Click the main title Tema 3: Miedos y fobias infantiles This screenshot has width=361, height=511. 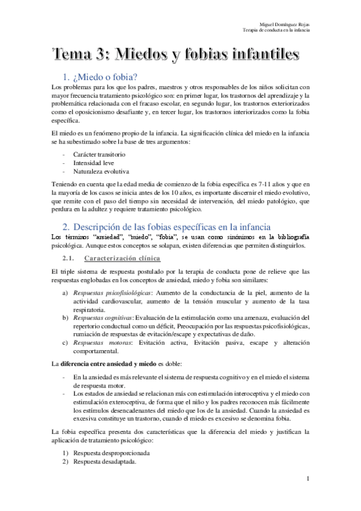point(175,54)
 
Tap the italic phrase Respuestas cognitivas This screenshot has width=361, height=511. point(102,318)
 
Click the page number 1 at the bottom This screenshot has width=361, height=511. point(308,478)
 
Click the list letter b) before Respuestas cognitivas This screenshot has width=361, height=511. point(66,318)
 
